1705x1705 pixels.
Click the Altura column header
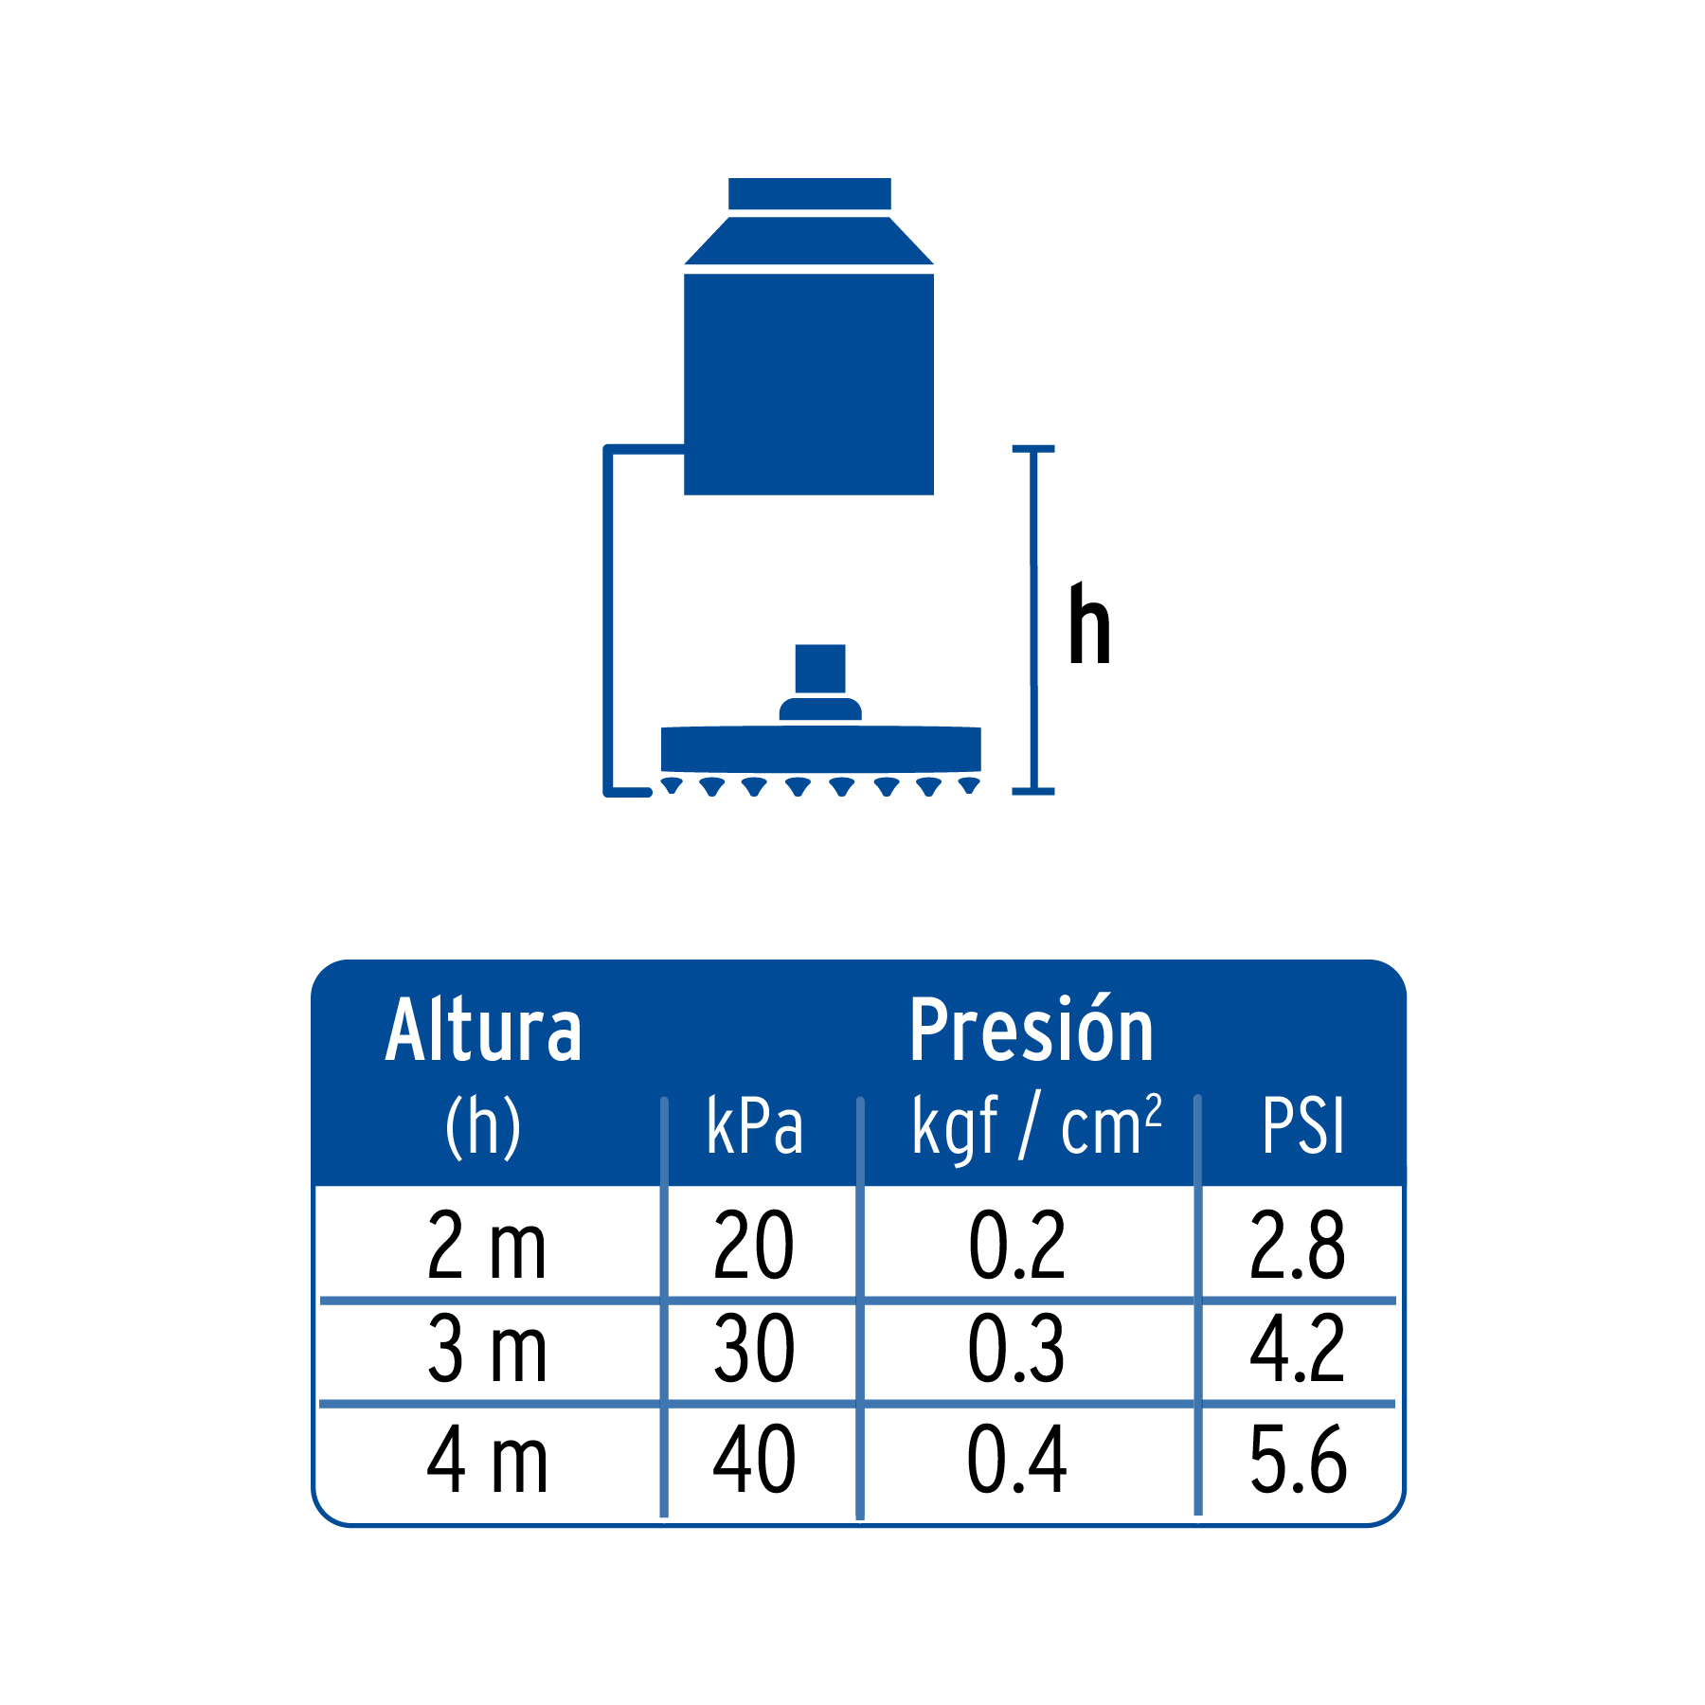coord(483,1031)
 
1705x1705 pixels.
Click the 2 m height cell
coord(487,1245)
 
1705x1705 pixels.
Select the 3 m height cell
coord(487,1348)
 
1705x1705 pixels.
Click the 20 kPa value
coord(754,1245)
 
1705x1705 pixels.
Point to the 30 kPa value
coord(754,1348)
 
